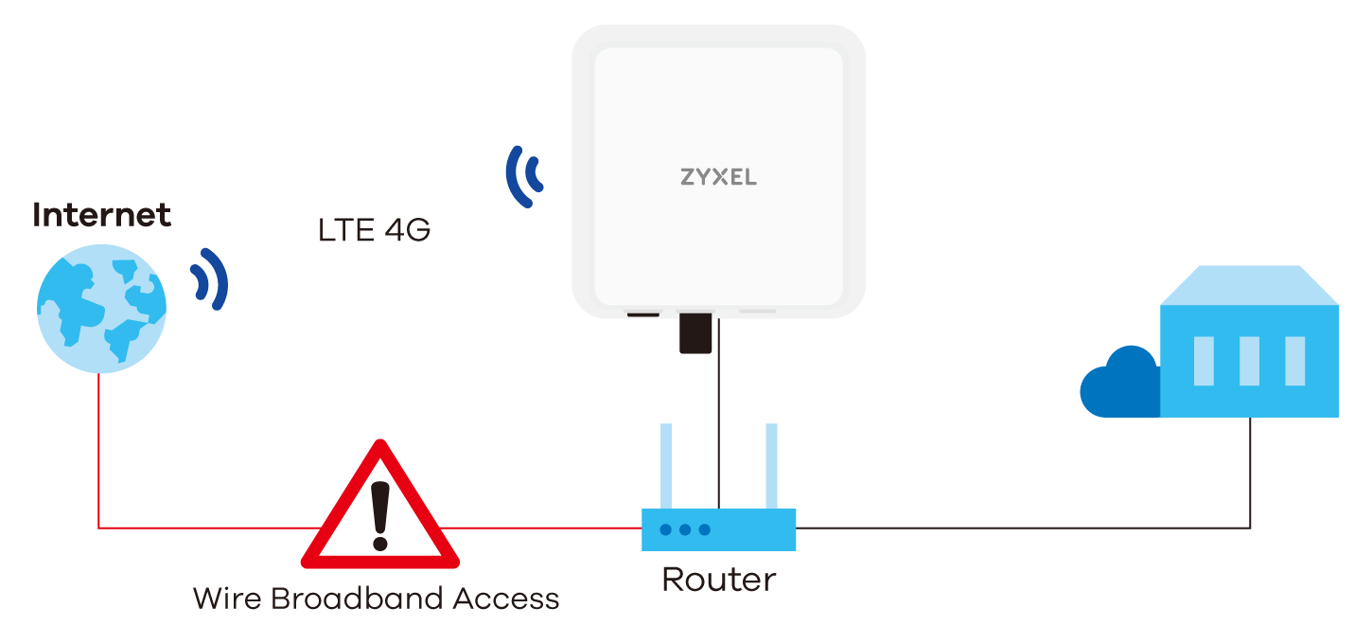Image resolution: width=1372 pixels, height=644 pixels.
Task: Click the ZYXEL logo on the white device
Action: click(x=718, y=177)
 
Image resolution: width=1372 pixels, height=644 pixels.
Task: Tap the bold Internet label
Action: click(x=101, y=215)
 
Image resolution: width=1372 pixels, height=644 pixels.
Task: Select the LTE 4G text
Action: click(x=374, y=230)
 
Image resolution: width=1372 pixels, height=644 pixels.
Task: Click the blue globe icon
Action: click(x=101, y=309)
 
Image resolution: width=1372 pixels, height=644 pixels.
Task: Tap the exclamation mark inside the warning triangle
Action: click(x=380, y=515)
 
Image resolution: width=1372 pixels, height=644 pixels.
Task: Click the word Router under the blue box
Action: click(x=718, y=579)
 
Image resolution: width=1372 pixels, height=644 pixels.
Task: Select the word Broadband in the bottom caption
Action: click(x=357, y=599)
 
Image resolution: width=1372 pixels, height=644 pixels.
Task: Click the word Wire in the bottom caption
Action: click(x=227, y=599)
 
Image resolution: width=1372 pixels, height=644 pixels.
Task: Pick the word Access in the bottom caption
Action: click(x=506, y=599)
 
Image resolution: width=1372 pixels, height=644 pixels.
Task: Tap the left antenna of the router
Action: click(x=666, y=466)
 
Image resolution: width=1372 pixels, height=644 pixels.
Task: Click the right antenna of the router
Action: click(x=772, y=466)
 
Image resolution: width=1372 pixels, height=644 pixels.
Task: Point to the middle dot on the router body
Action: click(x=685, y=529)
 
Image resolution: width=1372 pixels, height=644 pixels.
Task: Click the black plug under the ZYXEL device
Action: click(x=695, y=333)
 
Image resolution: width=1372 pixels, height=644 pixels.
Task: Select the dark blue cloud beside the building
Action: click(x=1119, y=384)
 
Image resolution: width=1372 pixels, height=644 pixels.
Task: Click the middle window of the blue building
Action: click(x=1249, y=361)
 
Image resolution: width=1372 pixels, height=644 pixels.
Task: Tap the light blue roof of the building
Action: click(x=1250, y=285)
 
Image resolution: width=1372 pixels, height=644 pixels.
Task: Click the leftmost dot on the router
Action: click(x=666, y=529)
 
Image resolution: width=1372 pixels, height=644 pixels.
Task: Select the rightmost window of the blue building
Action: click(x=1294, y=361)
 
